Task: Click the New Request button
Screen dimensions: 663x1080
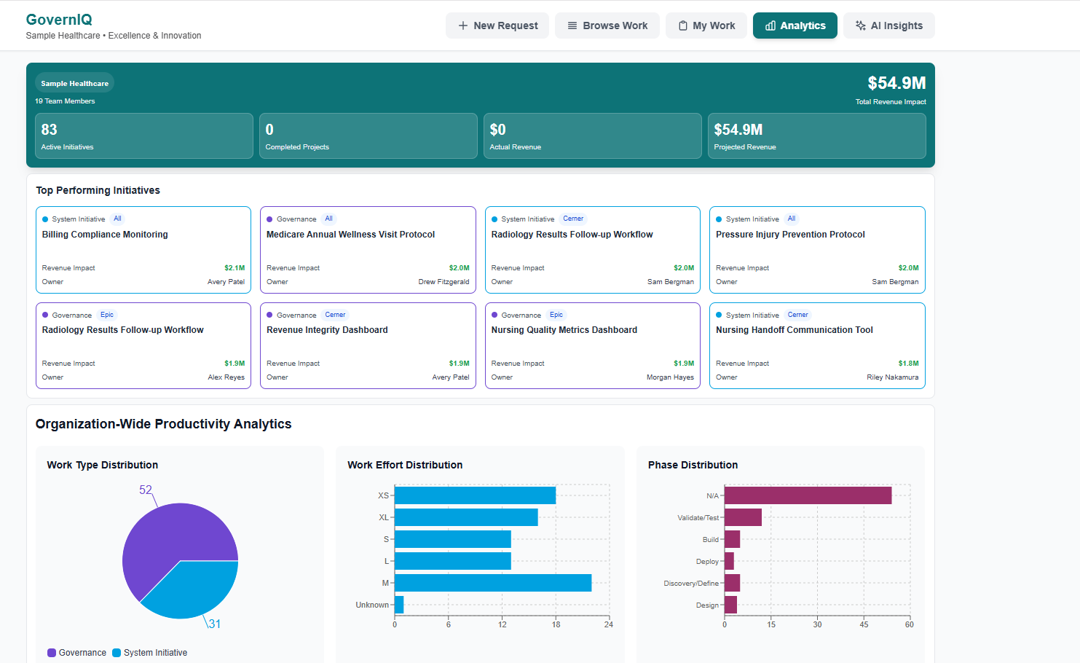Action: (x=497, y=25)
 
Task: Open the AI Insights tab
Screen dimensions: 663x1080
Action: (x=888, y=25)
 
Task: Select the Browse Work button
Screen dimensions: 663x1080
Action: (x=607, y=25)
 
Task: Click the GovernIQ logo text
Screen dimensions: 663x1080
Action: (x=59, y=20)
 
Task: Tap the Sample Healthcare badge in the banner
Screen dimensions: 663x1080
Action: (x=74, y=83)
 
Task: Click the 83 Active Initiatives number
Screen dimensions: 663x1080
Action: (x=49, y=130)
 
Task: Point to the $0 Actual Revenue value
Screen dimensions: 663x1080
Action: (x=497, y=130)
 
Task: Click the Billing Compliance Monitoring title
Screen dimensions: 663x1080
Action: (x=105, y=235)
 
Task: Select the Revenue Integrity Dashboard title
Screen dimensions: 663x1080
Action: (x=327, y=330)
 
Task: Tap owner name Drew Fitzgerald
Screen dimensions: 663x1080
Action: (x=444, y=282)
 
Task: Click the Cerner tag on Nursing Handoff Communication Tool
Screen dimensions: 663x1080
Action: (x=797, y=315)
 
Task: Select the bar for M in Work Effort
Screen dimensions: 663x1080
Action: (x=492, y=583)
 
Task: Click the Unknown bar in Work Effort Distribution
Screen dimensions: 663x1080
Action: (x=399, y=605)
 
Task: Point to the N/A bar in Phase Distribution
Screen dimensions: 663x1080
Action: (x=808, y=495)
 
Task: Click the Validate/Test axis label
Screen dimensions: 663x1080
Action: (x=698, y=518)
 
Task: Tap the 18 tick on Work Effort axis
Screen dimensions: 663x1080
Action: (x=556, y=624)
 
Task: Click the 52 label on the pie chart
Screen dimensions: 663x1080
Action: (x=146, y=490)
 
